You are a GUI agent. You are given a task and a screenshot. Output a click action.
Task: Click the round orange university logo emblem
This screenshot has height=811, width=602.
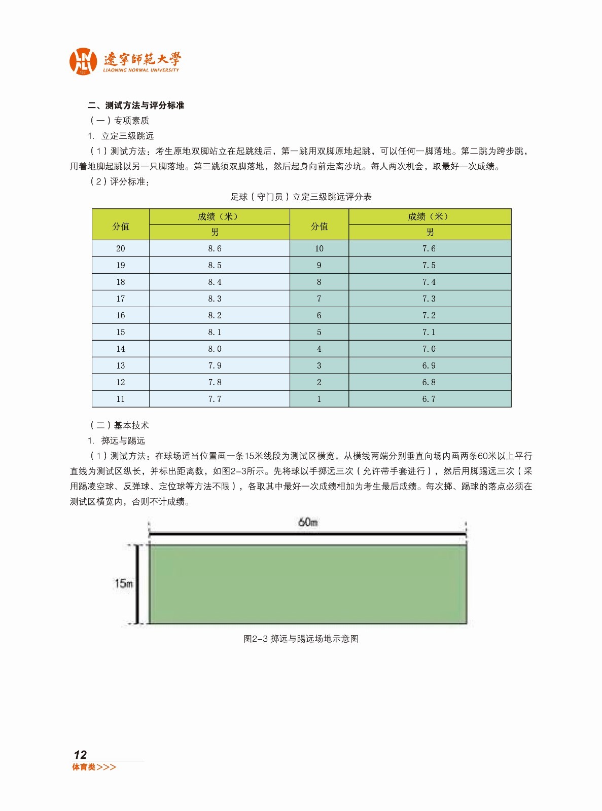pos(83,61)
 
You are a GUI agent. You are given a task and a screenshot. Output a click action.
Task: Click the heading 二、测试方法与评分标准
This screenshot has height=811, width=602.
pos(136,105)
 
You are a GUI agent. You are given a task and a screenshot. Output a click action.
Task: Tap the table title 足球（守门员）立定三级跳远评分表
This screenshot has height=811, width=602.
pos(301,197)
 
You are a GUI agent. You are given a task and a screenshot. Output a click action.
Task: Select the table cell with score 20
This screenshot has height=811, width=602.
pos(120,248)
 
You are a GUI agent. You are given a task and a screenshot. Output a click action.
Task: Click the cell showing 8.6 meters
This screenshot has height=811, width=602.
pos(215,248)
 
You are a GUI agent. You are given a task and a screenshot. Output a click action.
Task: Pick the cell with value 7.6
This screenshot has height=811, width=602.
pos(429,248)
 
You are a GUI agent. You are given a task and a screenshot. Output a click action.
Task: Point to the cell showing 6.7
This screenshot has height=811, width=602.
pos(429,399)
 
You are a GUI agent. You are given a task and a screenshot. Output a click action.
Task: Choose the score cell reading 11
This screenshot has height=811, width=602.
pos(120,399)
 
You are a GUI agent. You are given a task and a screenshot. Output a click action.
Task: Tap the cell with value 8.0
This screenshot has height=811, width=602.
pos(215,349)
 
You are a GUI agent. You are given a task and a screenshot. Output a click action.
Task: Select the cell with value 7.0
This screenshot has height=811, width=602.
pos(429,349)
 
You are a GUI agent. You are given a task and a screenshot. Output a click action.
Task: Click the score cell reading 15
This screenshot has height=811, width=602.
pos(120,332)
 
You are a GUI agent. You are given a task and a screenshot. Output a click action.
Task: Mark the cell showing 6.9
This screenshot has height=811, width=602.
pos(429,365)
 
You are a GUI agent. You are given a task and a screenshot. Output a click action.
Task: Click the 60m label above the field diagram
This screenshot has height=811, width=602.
pos(308,522)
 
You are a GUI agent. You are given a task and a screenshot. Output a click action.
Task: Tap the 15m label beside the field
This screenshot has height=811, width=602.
pos(123,583)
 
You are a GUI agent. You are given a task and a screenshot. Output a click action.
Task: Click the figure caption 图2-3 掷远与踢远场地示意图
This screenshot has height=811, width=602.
pos(301,639)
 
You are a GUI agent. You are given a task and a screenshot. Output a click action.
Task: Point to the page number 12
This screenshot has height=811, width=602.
pos(80,755)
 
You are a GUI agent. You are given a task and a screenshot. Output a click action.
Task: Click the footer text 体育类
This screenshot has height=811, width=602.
pos(84,767)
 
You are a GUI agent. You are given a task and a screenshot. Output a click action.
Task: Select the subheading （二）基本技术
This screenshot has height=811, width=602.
pos(120,425)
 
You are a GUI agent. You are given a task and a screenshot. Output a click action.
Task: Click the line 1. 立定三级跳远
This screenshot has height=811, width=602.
pos(121,136)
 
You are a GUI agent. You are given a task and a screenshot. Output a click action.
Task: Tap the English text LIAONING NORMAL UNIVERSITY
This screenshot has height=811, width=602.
pos(141,70)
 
